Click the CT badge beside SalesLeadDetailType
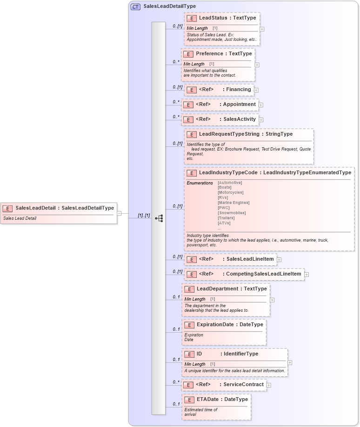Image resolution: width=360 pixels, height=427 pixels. pyautogui.click(x=136, y=7)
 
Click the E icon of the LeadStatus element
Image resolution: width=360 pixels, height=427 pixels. pyautogui.click(x=191, y=18)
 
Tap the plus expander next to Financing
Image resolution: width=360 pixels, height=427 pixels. pyautogui.click(x=256, y=90)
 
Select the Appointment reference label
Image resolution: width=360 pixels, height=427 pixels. pyautogui.click(x=239, y=105)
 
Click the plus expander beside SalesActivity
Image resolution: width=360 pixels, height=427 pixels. pyautogui.click(x=261, y=119)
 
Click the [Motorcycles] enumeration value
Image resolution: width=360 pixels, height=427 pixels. pyautogui.click(x=230, y=192)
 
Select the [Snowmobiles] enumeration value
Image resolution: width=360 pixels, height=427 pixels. pyautogui.click(x=232, y=213)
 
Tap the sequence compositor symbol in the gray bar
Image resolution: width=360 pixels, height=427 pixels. pyautogui.click(x=159, y=218)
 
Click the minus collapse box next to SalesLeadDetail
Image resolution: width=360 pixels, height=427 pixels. pyautogui.click(x=119, y=213)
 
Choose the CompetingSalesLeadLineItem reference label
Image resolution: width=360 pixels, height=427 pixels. pyautogui.click(x=263, y=274)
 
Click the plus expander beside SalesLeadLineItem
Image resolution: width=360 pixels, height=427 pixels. pyautogui.click(x=279, y=259)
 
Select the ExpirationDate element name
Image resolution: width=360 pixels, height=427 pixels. pyautogui.click(x=215, y=325)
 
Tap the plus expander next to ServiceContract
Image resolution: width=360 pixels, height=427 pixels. pyautogui.click(x=269, y=385)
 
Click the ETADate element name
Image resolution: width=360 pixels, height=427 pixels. pyautogui.click(x=207, y=399)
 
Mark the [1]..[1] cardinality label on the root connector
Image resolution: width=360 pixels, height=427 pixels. pyautogui.click(x=144, y=215)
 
